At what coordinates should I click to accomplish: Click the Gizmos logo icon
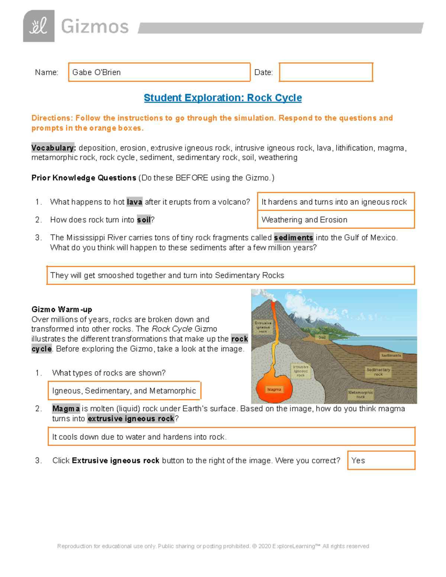(x=39, y=26)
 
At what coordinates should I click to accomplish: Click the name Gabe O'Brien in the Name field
(x=97, y=72)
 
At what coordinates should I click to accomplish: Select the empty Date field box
(x=326, y=72)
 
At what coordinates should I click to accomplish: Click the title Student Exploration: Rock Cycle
(x=223, y=98)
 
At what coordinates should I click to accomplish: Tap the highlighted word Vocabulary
(x=54, y=148)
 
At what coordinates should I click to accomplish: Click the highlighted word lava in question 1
(x=134, y=202)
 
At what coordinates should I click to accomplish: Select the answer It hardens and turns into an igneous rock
(x=334, y=202)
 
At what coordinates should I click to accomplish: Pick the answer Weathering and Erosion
(x=304, y=220)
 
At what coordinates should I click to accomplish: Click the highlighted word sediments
(x=293, y=238)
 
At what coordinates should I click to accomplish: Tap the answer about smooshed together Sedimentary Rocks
(x=167, y=275)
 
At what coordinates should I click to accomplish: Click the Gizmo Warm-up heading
(x=62, y=309)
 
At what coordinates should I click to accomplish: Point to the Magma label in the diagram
(x=274, y=389)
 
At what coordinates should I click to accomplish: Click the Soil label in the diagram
(x=322, y=337)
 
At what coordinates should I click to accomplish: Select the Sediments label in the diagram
(x=391, y=356)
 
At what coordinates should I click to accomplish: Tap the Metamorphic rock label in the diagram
(x=360, y=395)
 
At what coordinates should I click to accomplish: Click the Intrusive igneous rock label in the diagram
(x=301, y=371)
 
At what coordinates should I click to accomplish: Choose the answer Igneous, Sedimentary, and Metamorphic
(x=124, y=391)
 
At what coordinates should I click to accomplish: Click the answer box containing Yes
(x=381, y=461)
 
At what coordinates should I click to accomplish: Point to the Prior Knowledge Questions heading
(x=84, y=178)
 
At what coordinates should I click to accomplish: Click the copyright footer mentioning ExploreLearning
(x=213, y=546)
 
